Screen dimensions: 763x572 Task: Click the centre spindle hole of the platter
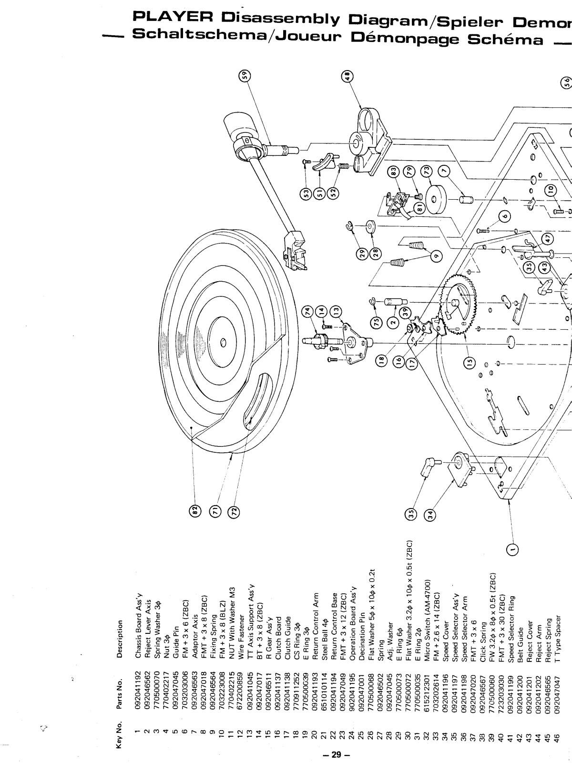point(223,343)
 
